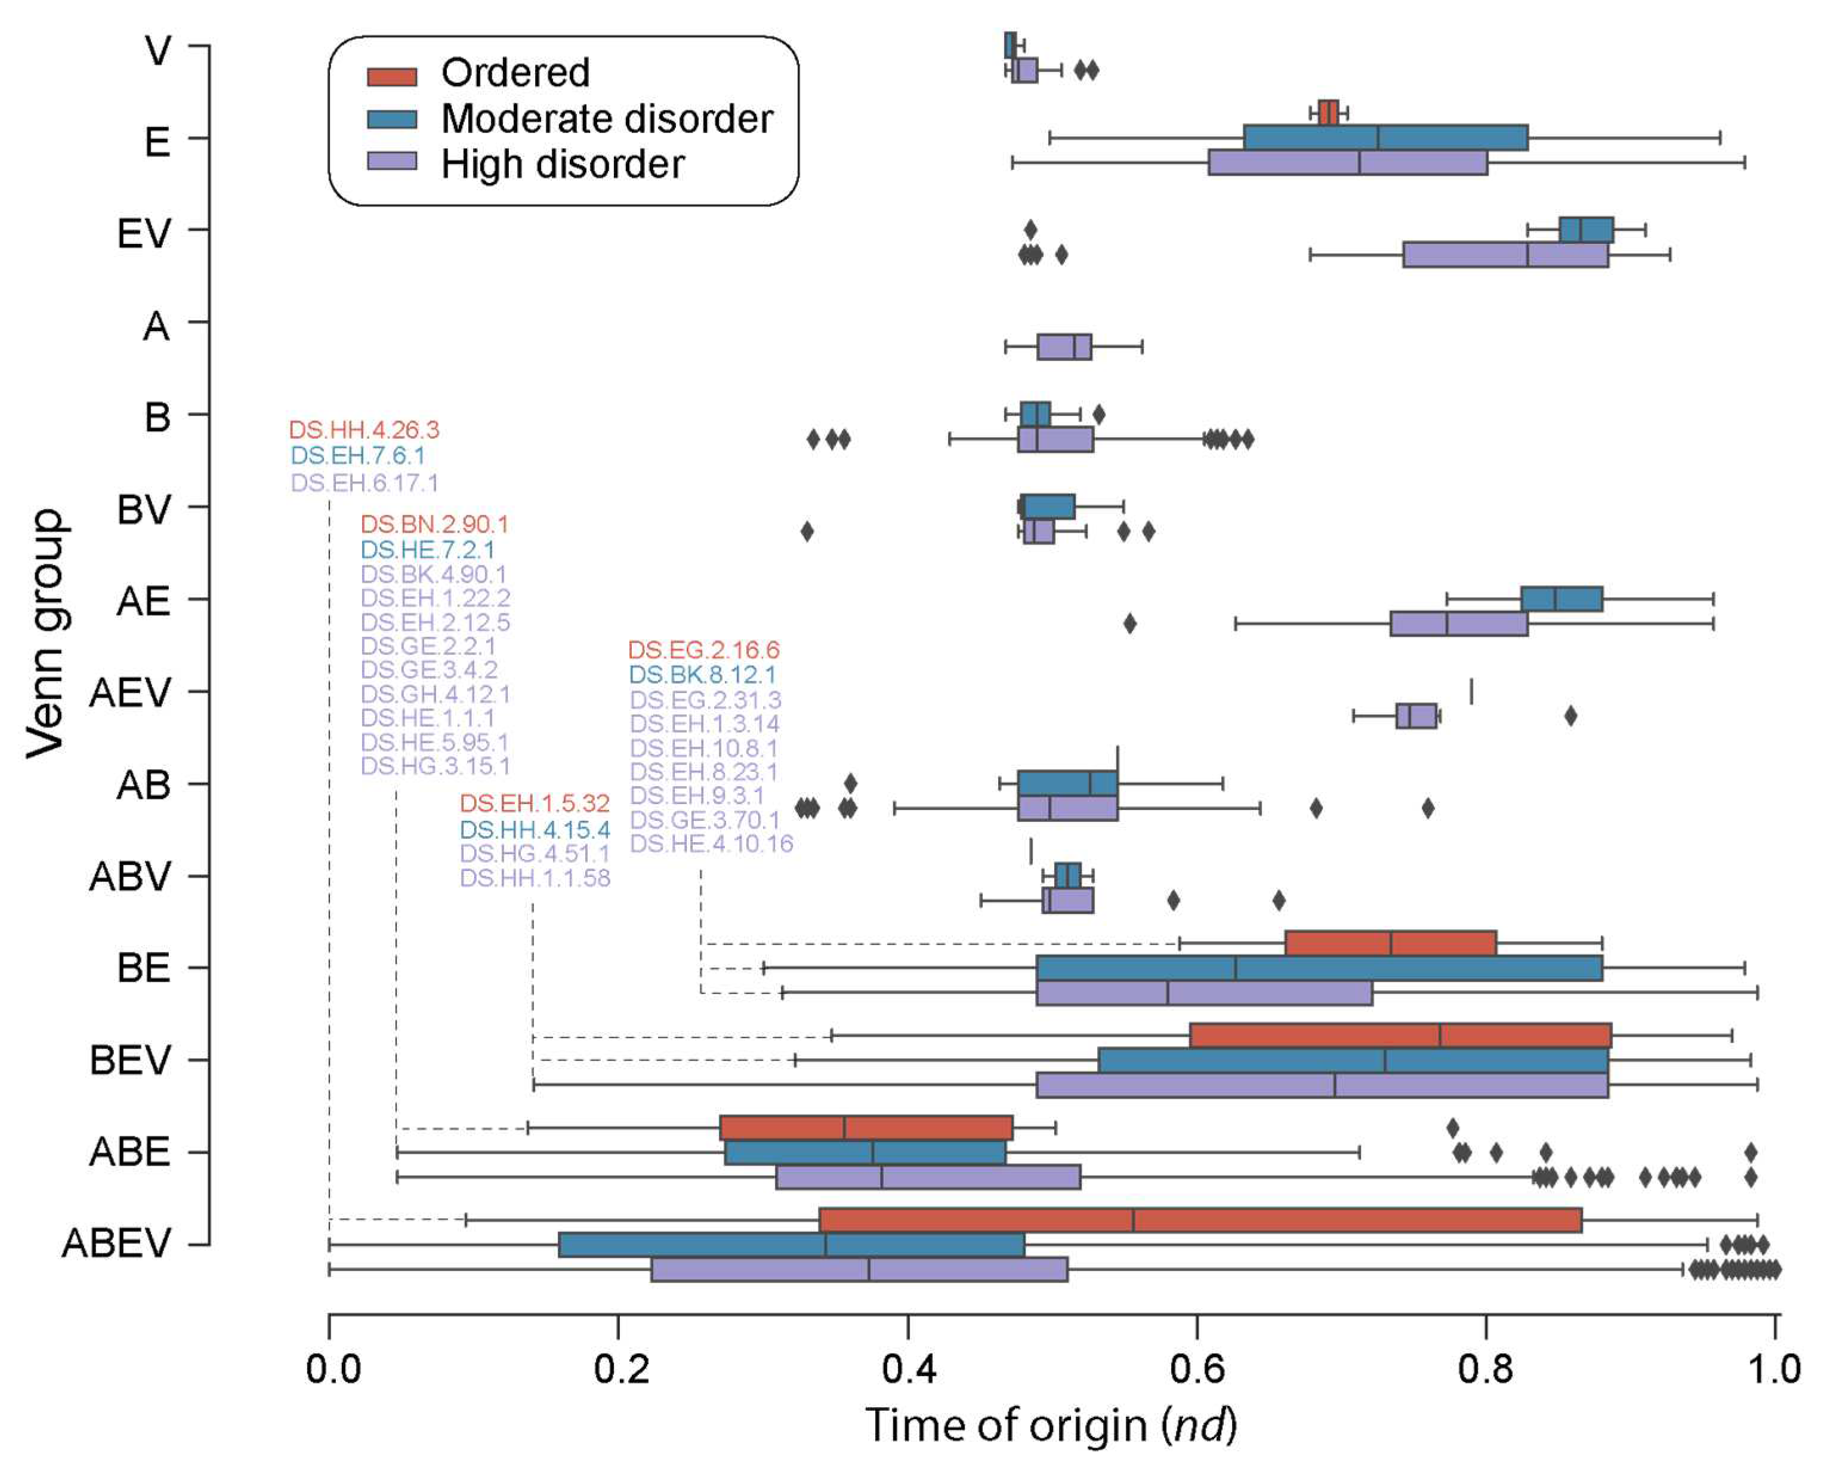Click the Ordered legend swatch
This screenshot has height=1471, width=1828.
point(392,76)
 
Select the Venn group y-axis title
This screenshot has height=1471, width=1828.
point(46,633)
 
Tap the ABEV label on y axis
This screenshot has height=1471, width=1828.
point(116,1244)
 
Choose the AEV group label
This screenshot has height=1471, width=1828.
point(129,693)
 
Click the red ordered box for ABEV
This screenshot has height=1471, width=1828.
point(1200,1220)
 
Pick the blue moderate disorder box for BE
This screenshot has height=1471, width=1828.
point(1318,968)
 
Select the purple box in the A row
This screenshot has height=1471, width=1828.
point(1064,347)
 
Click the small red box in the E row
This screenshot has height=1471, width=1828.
point(1328,113)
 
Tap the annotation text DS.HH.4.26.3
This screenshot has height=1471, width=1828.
point(364,430)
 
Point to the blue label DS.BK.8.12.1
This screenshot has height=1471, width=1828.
point(702,675)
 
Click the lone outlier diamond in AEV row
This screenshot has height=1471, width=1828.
point(1570,716)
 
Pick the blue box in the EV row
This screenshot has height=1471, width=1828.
point(1586,230)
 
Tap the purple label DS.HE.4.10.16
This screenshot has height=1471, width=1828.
point(711,843)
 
